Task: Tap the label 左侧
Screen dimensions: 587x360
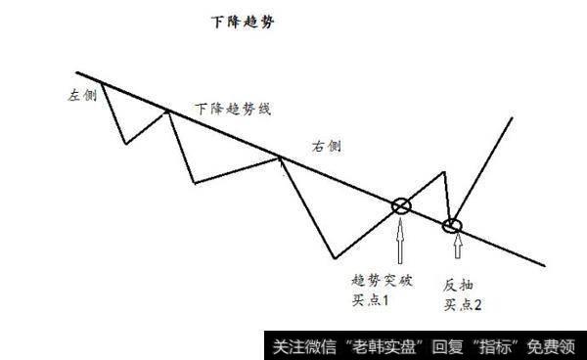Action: coord(81,97)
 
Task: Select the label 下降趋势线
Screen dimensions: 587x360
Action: coord(232,109)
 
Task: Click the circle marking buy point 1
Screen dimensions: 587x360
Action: coord(401,205)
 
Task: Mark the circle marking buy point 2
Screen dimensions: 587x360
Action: coord(452,227)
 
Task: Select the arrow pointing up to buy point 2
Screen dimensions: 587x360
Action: coord(453,252)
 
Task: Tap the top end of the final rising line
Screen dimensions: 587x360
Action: coord(513,119)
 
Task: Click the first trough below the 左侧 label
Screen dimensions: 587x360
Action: coord(125,144)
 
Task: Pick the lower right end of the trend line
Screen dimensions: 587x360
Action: coord(544,263)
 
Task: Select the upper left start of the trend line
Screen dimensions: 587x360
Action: coord(76,72)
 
